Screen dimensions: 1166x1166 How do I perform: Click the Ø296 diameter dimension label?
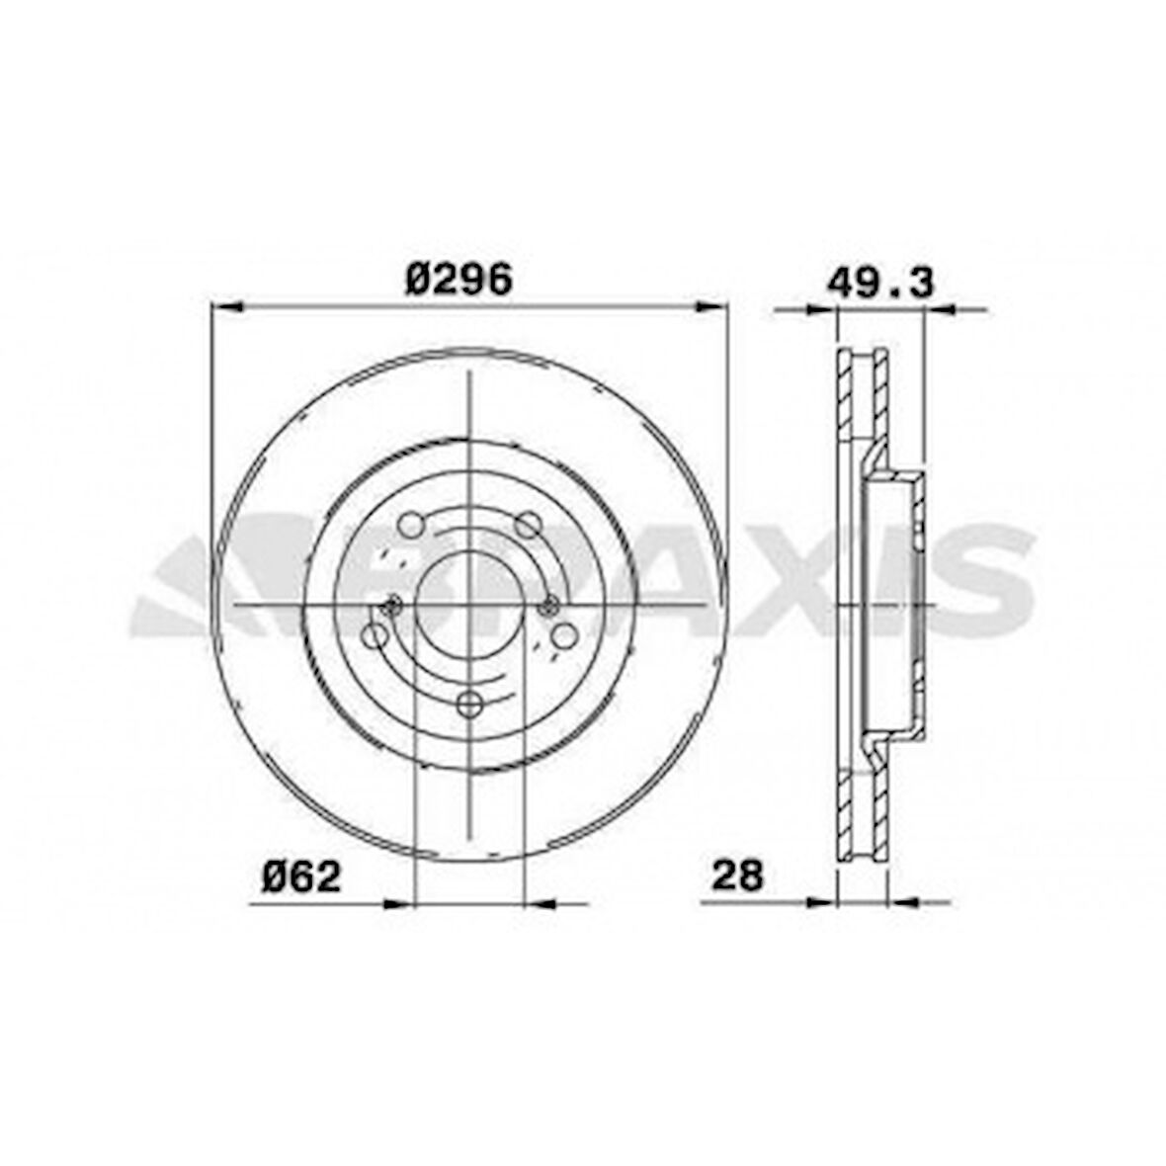458,280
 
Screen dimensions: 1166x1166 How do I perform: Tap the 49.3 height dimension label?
879,283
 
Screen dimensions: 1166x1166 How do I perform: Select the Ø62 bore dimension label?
301,876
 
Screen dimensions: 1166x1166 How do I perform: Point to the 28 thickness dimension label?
738,875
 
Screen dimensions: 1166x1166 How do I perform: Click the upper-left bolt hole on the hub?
411,525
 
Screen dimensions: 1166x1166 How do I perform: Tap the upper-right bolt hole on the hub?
532,525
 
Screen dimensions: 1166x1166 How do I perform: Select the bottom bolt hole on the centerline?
471,705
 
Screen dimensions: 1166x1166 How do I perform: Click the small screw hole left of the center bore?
392,606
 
